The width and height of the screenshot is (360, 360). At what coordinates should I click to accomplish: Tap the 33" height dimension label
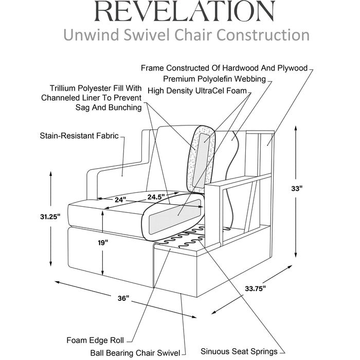click(310, 189)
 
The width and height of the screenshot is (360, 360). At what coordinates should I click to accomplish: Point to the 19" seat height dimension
click(104, 242)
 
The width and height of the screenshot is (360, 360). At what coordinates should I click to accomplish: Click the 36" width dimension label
click(122, 298)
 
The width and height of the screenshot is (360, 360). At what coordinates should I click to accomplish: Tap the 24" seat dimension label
click(120, 200)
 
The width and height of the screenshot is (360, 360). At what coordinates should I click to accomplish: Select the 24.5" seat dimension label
click(156, 196)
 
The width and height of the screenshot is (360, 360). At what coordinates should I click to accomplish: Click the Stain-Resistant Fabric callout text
click(79, 136)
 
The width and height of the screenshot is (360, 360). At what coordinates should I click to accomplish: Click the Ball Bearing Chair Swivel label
click(135, 353)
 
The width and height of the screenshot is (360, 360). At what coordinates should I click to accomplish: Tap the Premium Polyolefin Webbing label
click(214, 79)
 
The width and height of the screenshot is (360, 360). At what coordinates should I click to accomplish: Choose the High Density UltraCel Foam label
click(197, 91)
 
